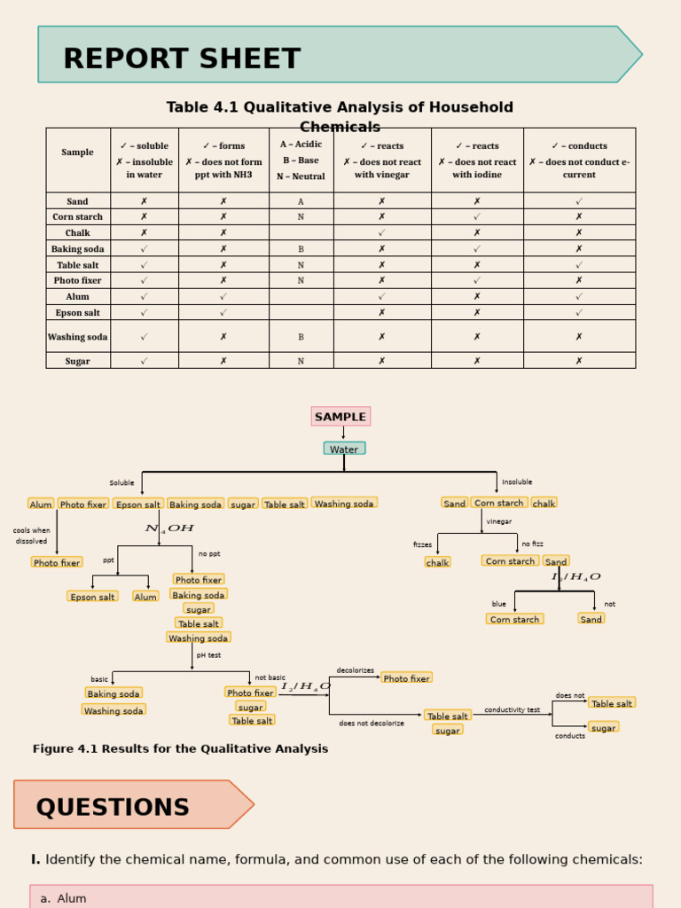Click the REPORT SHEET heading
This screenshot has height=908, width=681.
182,59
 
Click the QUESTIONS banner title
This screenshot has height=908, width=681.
113,808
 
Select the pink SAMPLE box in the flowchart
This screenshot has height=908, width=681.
340,417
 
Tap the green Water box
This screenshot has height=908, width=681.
344,449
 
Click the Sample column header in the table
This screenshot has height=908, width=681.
77,153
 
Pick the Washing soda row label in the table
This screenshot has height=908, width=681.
77,337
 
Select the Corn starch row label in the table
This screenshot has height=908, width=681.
77,216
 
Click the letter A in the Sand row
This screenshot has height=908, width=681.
301,201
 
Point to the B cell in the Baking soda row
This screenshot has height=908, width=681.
301,249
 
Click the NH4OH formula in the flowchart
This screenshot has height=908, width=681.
168,528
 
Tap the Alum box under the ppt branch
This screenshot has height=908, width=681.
145,597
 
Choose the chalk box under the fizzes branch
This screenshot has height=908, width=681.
437,562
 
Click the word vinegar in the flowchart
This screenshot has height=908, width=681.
498,521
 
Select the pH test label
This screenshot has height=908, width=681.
208,655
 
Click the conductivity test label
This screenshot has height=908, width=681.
512,709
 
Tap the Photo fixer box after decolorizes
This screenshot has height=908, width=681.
406,678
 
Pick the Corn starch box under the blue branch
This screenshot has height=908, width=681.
514,619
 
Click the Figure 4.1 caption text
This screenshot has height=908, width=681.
180,749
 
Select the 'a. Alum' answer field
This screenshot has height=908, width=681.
341,897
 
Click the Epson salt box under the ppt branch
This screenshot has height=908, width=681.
92,597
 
